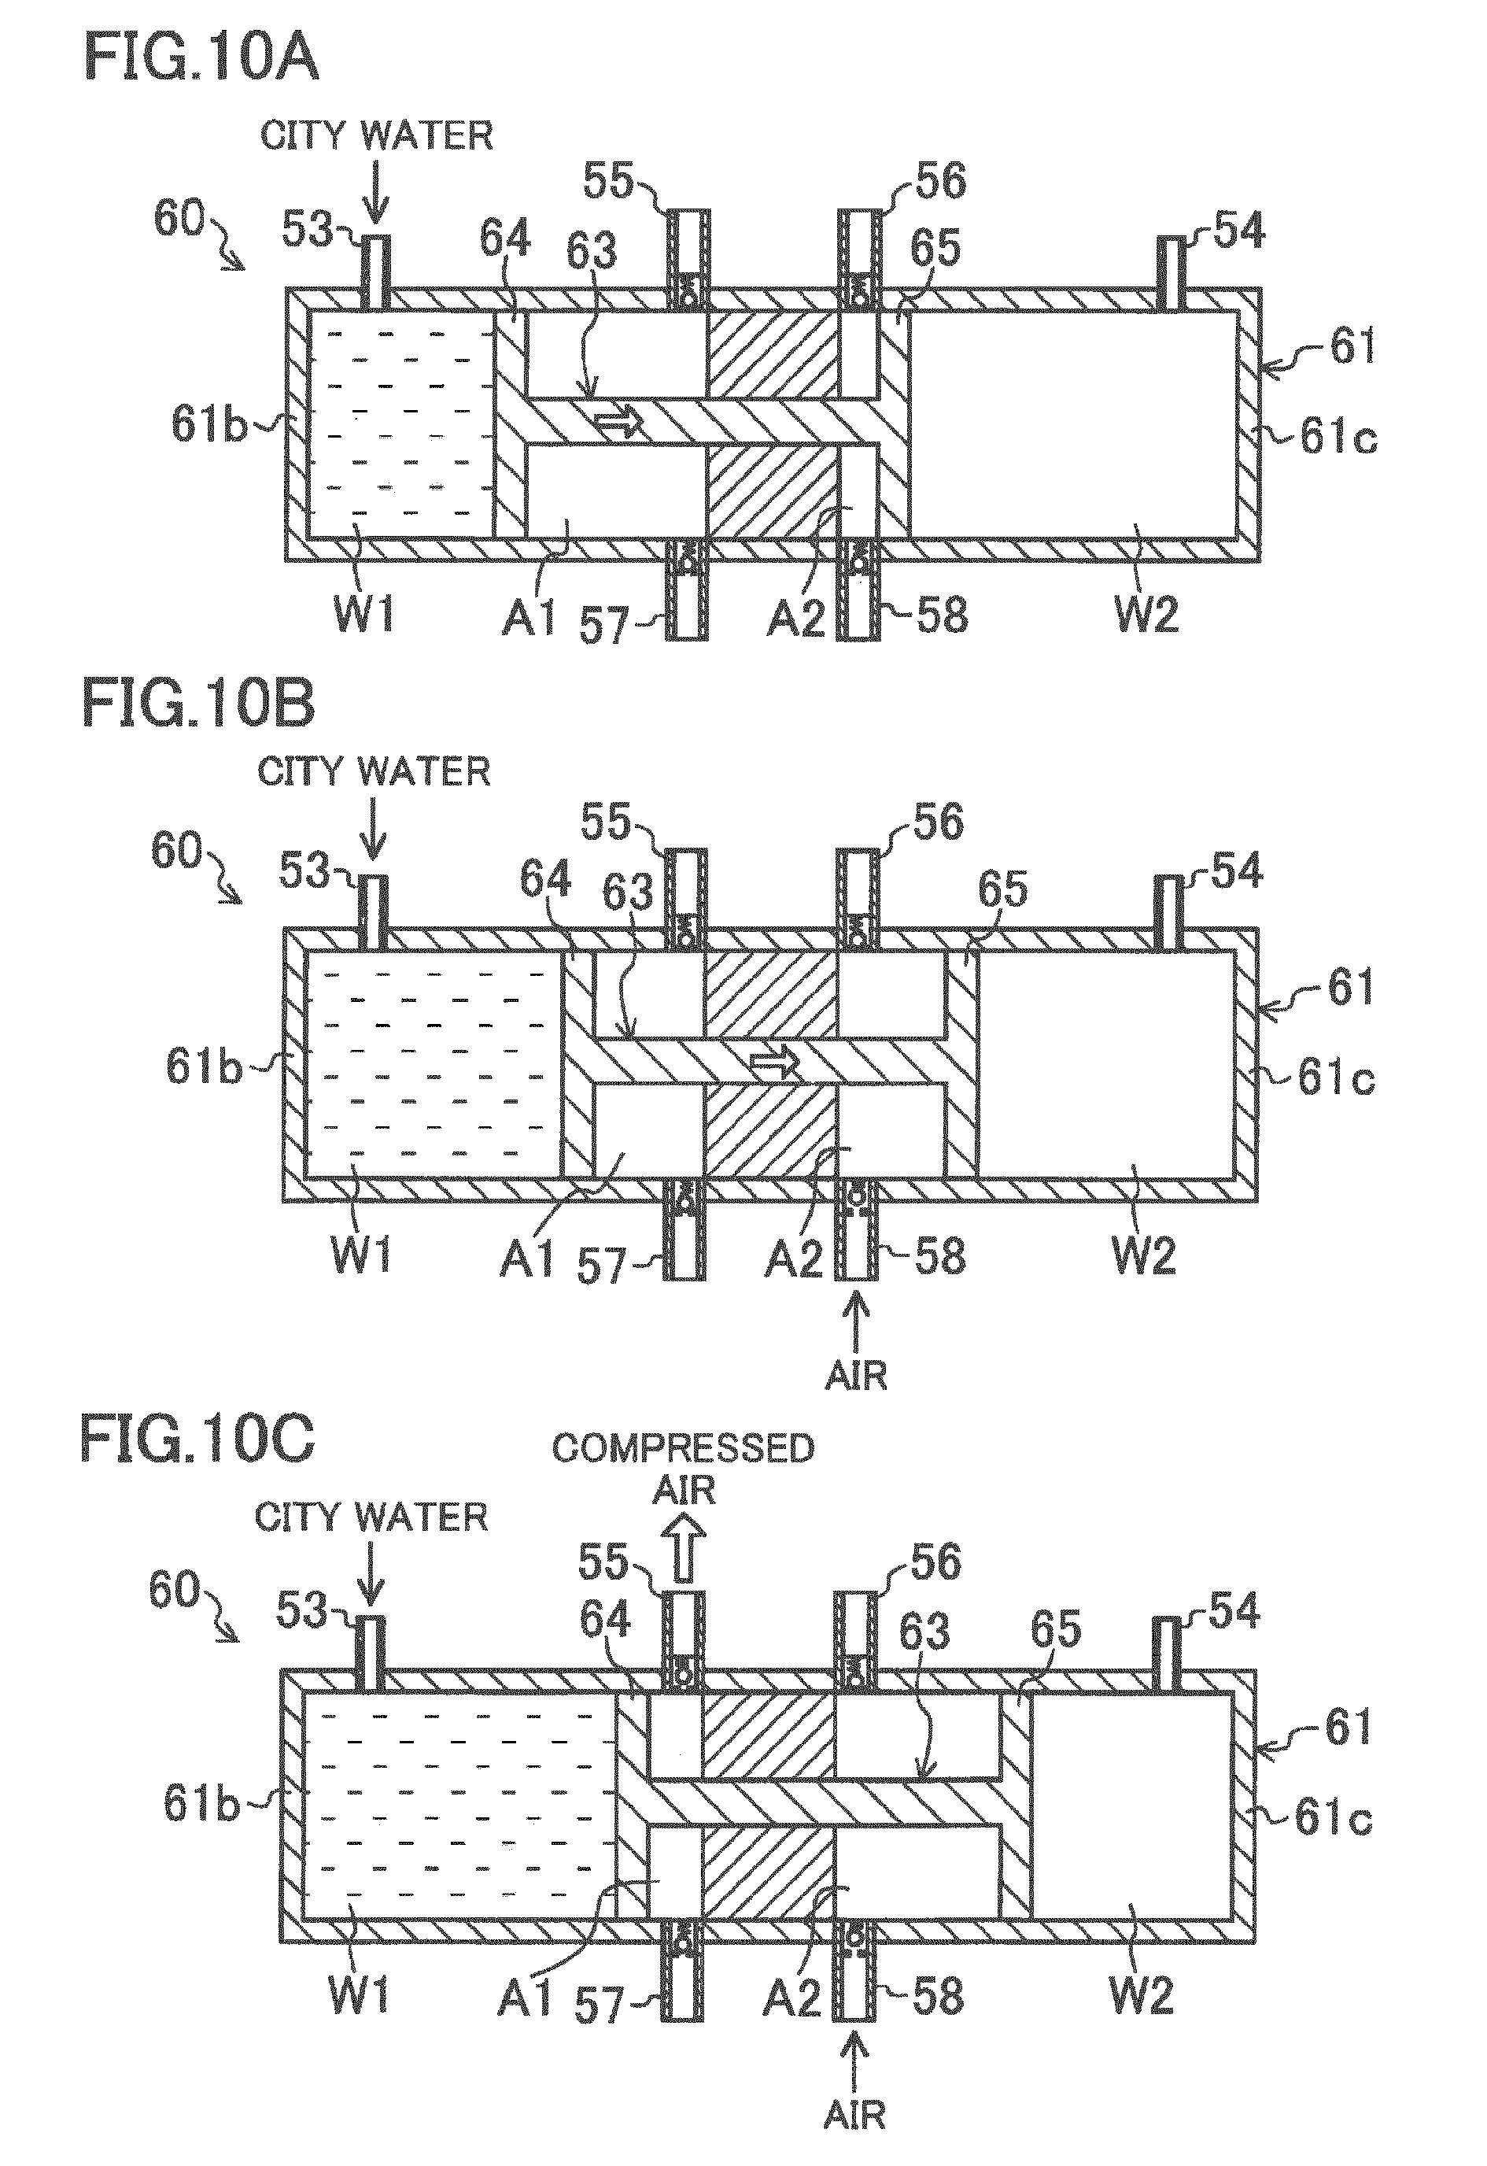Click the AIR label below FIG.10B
tap(855, 1375)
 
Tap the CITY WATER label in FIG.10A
tap(376, 136)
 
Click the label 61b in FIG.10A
tap(208, 424)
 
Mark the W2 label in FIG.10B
tap(1144, 1256)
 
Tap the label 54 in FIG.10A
tap(1239, 230)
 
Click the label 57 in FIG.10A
tap(603, 623)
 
